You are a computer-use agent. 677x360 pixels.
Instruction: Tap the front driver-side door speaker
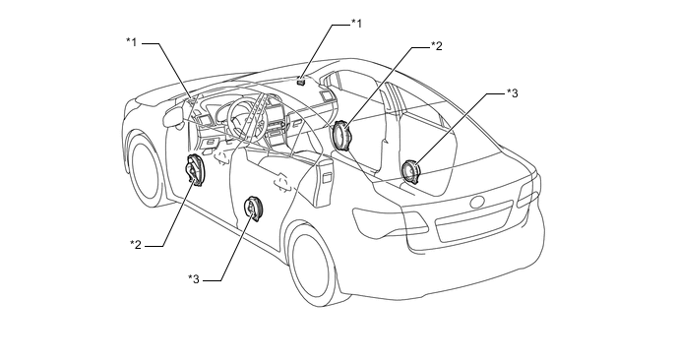coord(194,170)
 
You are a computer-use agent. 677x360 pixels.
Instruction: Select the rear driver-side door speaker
coord(253,209)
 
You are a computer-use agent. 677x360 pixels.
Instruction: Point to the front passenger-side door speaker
coord(341,136)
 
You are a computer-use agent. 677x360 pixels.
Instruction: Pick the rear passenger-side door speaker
coord(409,171)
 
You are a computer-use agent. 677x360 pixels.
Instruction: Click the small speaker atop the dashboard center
coord(301,79)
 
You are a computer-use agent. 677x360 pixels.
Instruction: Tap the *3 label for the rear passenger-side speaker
coord(512,93)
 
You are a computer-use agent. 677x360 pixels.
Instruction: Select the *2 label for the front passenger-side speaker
coord(437,46)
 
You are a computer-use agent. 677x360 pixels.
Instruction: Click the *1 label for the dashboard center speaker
coord(356,24)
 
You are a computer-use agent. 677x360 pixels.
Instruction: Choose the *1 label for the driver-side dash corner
coord(131,42)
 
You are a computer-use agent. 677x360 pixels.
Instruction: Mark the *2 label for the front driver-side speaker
coord(136,245)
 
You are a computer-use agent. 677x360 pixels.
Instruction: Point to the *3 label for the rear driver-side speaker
coord(194,279)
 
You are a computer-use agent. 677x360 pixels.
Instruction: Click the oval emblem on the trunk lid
coord(478,202)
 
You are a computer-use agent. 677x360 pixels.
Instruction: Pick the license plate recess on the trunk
coord(474,221)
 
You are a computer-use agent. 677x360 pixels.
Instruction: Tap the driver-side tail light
coord(389,221)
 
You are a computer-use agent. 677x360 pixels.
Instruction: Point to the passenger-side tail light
coord(529,190)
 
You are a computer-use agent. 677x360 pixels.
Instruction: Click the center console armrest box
coord(323,181)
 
